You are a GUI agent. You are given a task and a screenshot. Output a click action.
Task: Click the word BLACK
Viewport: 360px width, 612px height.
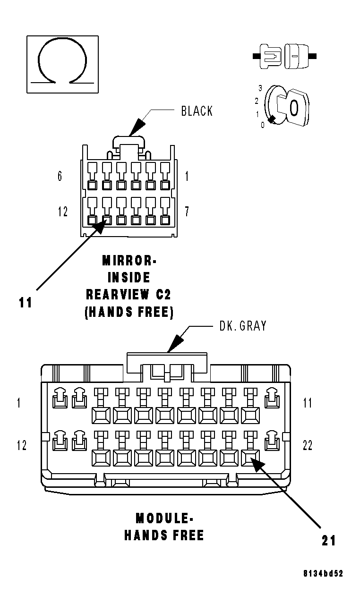(197, 111)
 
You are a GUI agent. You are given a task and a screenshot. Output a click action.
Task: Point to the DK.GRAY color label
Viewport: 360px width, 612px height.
(243, 325)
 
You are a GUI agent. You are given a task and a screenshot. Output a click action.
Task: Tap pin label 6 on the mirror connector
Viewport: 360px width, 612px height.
(60, 177)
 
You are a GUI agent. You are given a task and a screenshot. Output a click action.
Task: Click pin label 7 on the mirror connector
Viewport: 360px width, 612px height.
(187, 212)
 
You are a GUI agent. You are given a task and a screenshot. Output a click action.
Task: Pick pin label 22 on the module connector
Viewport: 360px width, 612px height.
(307, 445)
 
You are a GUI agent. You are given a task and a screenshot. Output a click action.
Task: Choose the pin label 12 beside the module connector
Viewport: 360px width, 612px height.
(22, 445)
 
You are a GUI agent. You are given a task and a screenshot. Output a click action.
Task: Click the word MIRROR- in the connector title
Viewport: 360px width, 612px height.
(129, 261)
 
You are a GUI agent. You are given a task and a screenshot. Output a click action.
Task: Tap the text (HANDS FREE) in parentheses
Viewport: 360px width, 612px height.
(129, 312)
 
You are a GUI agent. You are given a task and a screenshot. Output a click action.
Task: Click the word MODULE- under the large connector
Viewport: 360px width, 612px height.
(164, 518)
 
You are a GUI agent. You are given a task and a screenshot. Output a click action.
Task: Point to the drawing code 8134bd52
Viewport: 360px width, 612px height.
(323, 574)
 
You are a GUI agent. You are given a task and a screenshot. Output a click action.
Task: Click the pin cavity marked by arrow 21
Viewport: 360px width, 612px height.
(249, 457)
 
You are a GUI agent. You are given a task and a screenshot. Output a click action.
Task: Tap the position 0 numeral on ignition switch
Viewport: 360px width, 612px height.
(263, 125)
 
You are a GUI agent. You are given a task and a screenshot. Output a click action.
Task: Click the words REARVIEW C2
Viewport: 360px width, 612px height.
(129, 295)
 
